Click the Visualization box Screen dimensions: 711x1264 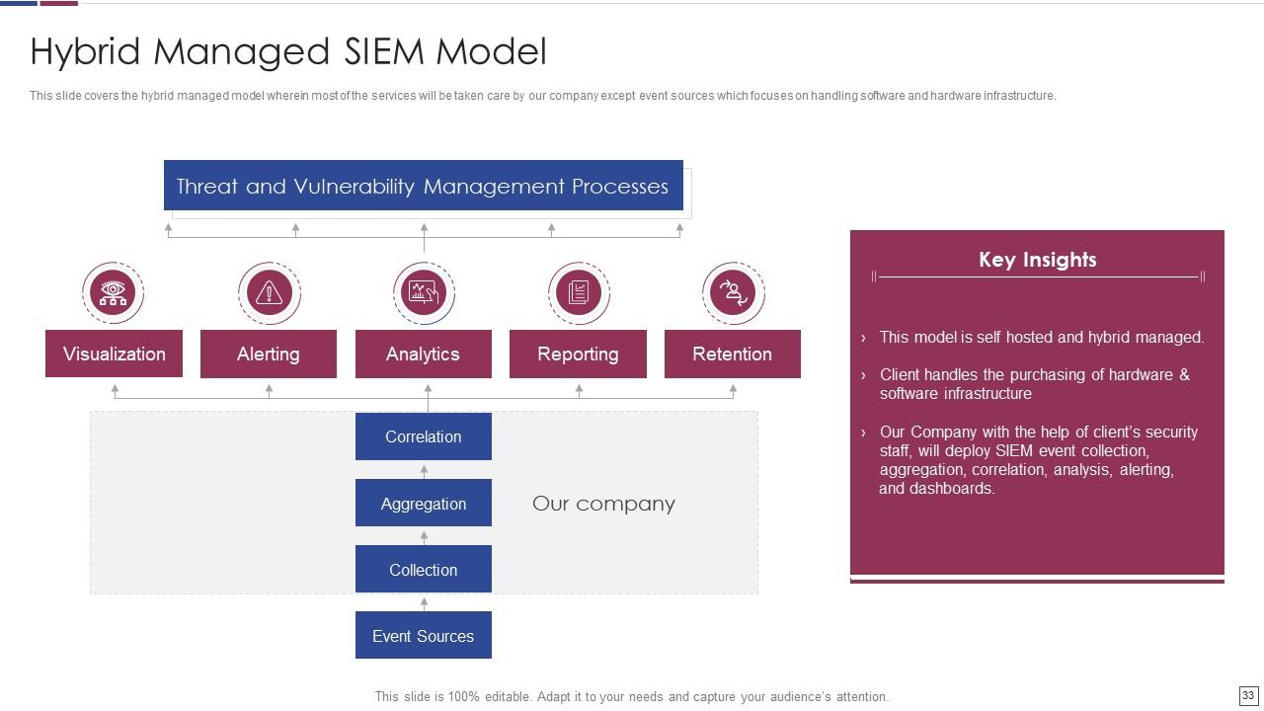tap(114, 354)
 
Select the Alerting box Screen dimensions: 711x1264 tap(268, 354)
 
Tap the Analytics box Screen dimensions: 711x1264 tap(423, 354)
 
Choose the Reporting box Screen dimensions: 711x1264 tap(578, 354)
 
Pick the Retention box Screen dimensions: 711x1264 tap(732, 354)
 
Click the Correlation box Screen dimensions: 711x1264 tap(423, 436)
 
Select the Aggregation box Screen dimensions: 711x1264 tap(423, 504)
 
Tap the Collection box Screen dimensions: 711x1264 tap(423, 570)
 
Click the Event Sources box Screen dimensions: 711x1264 tap(423, 636)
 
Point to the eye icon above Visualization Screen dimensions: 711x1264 tap(113, 292)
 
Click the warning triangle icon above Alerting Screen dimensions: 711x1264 tap(269, 292)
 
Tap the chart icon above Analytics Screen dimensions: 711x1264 tap(424, 292)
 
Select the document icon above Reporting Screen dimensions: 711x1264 tap(579, 292)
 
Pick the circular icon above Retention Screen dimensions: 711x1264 tap(733, 292)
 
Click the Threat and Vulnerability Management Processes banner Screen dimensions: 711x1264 tap(423, 186)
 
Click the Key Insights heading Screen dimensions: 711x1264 tap(1037, 260)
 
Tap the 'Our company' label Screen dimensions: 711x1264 tap(603, 504)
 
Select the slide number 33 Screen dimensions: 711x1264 tap(1248, 696)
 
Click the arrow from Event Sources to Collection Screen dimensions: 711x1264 tap(424, 602)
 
